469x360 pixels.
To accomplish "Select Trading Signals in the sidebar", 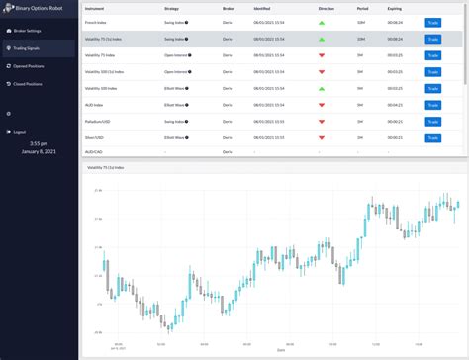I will tap(29, 47).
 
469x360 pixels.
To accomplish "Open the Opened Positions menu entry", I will tap(31, 64).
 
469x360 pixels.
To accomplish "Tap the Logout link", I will tap(20, 132).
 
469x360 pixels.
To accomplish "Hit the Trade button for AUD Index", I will tap(433, 103).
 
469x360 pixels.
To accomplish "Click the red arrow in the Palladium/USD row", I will tap(320, 119).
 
